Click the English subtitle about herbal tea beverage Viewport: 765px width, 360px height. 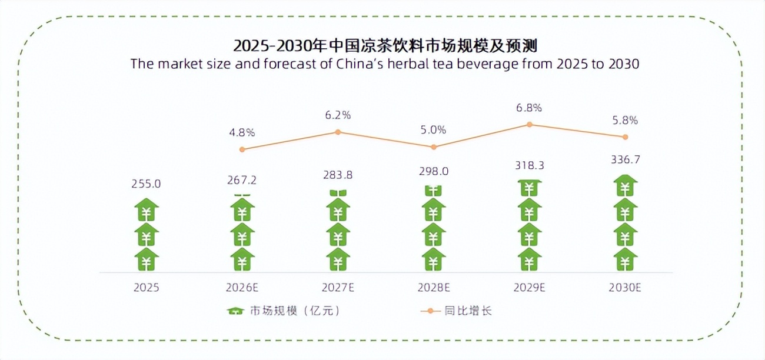pyautogui.click(x=385, y=64)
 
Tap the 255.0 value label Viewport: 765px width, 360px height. pyautogui.click(x=147, y=184)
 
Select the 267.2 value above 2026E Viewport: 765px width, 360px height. pyautogui.click(x=242, y=180)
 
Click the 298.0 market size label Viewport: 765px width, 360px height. pyautogui.click(x=434, y=171)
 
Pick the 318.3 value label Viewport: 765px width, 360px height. pyautogui.click(x=529, y=166)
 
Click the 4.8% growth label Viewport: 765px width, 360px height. pyautogui.click(x=242, y=132)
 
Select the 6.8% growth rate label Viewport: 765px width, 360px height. pyautogui.click(x=529, y=108)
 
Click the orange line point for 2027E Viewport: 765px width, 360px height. pyautogui.click(x=338, y=132)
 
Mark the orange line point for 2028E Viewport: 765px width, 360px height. pyautogui.click(x=434, y=147)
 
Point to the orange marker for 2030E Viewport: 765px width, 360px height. pyautogui.click(x=625, y=137)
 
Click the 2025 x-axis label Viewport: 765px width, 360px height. pyautogui.click(x=147, y=288)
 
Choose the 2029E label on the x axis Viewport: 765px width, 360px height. pyautogui.click(x=529, y=288)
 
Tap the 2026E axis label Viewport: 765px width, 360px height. pyautogui.click(x=242, y=288)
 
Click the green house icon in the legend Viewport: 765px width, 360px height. pyautogui.click(x=235, y=311)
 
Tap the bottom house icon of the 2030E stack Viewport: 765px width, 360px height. pyautogui.click(x=625, y=259)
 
